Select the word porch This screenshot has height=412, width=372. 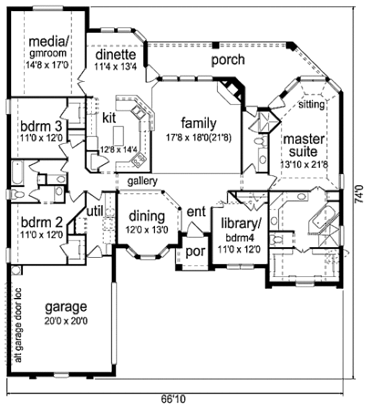[x=228, y=60]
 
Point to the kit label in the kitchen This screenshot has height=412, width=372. [x=110, y=117]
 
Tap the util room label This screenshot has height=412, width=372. [x=94, y=211]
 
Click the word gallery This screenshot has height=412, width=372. [x=142, y=181]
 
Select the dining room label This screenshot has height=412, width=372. [x=146, y=217]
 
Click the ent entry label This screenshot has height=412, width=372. [x=196, y=212]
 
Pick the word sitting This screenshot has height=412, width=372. [x=311, y=105]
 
